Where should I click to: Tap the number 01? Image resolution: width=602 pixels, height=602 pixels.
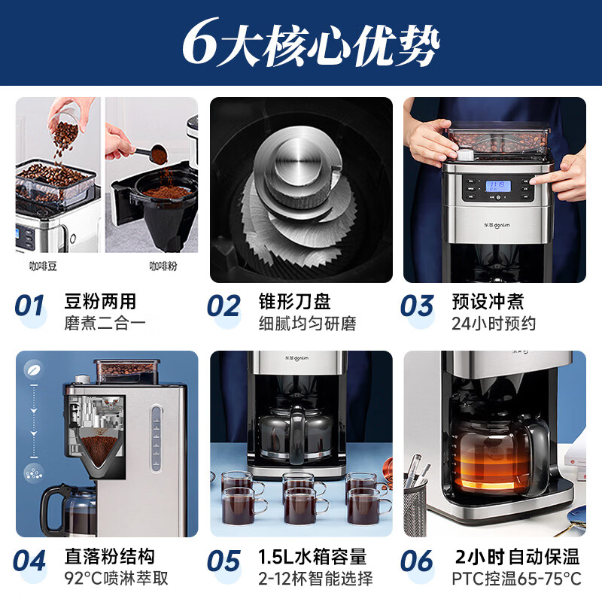click(30, 306)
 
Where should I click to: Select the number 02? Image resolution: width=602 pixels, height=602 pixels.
click(223, 306)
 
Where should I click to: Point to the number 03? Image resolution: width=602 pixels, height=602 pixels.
click(417, 306)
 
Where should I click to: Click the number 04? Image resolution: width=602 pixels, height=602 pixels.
click(30, 561)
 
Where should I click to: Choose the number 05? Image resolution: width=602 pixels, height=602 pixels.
click(223, 561)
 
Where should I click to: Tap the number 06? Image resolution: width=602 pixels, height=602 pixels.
click(417, 561)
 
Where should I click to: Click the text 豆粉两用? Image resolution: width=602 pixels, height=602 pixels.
click(100, 301)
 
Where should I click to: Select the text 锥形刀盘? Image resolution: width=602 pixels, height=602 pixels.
click(294, 301)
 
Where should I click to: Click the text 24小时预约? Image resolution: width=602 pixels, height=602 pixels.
click(494, 324)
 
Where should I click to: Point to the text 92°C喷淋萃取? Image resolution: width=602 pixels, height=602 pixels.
click(116, 579)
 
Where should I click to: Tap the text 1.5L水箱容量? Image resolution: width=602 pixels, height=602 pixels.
click(312, 556)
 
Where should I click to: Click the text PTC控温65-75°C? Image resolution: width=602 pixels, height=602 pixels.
click(516, 579)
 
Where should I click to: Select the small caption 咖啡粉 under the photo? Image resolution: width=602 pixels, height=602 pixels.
click(163, 266)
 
